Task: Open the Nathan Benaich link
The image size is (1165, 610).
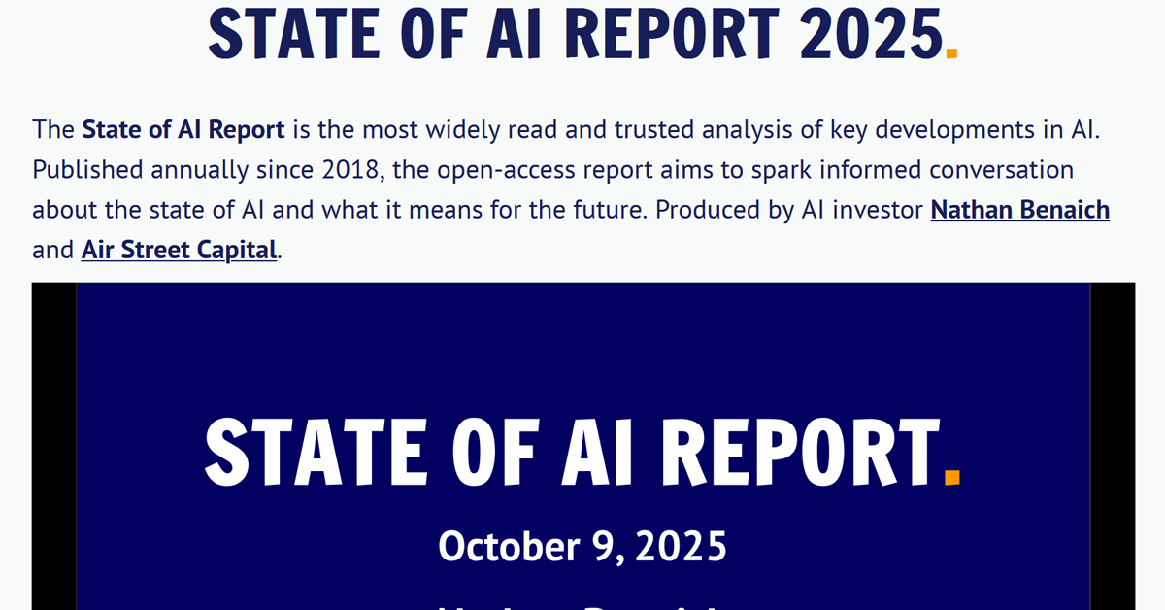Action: tap(1019, 209)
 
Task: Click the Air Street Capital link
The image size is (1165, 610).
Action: tap(179, 250)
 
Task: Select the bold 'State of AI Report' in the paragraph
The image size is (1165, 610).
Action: tap(183, 129)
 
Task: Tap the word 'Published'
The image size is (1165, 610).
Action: tap(87, 170)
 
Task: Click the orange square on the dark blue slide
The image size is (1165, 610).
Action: tap(951, 476)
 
